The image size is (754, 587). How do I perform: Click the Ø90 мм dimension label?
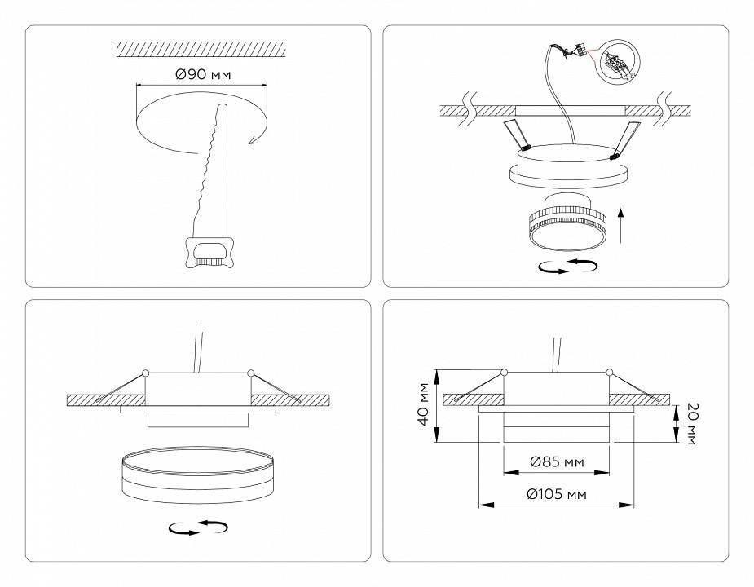202,74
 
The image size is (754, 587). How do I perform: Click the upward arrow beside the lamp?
622,225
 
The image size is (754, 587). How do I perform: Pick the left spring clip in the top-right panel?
515,135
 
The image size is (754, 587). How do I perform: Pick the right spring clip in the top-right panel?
628,138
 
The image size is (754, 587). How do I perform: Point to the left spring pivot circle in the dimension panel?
505,373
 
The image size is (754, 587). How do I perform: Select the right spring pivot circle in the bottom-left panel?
250,373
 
